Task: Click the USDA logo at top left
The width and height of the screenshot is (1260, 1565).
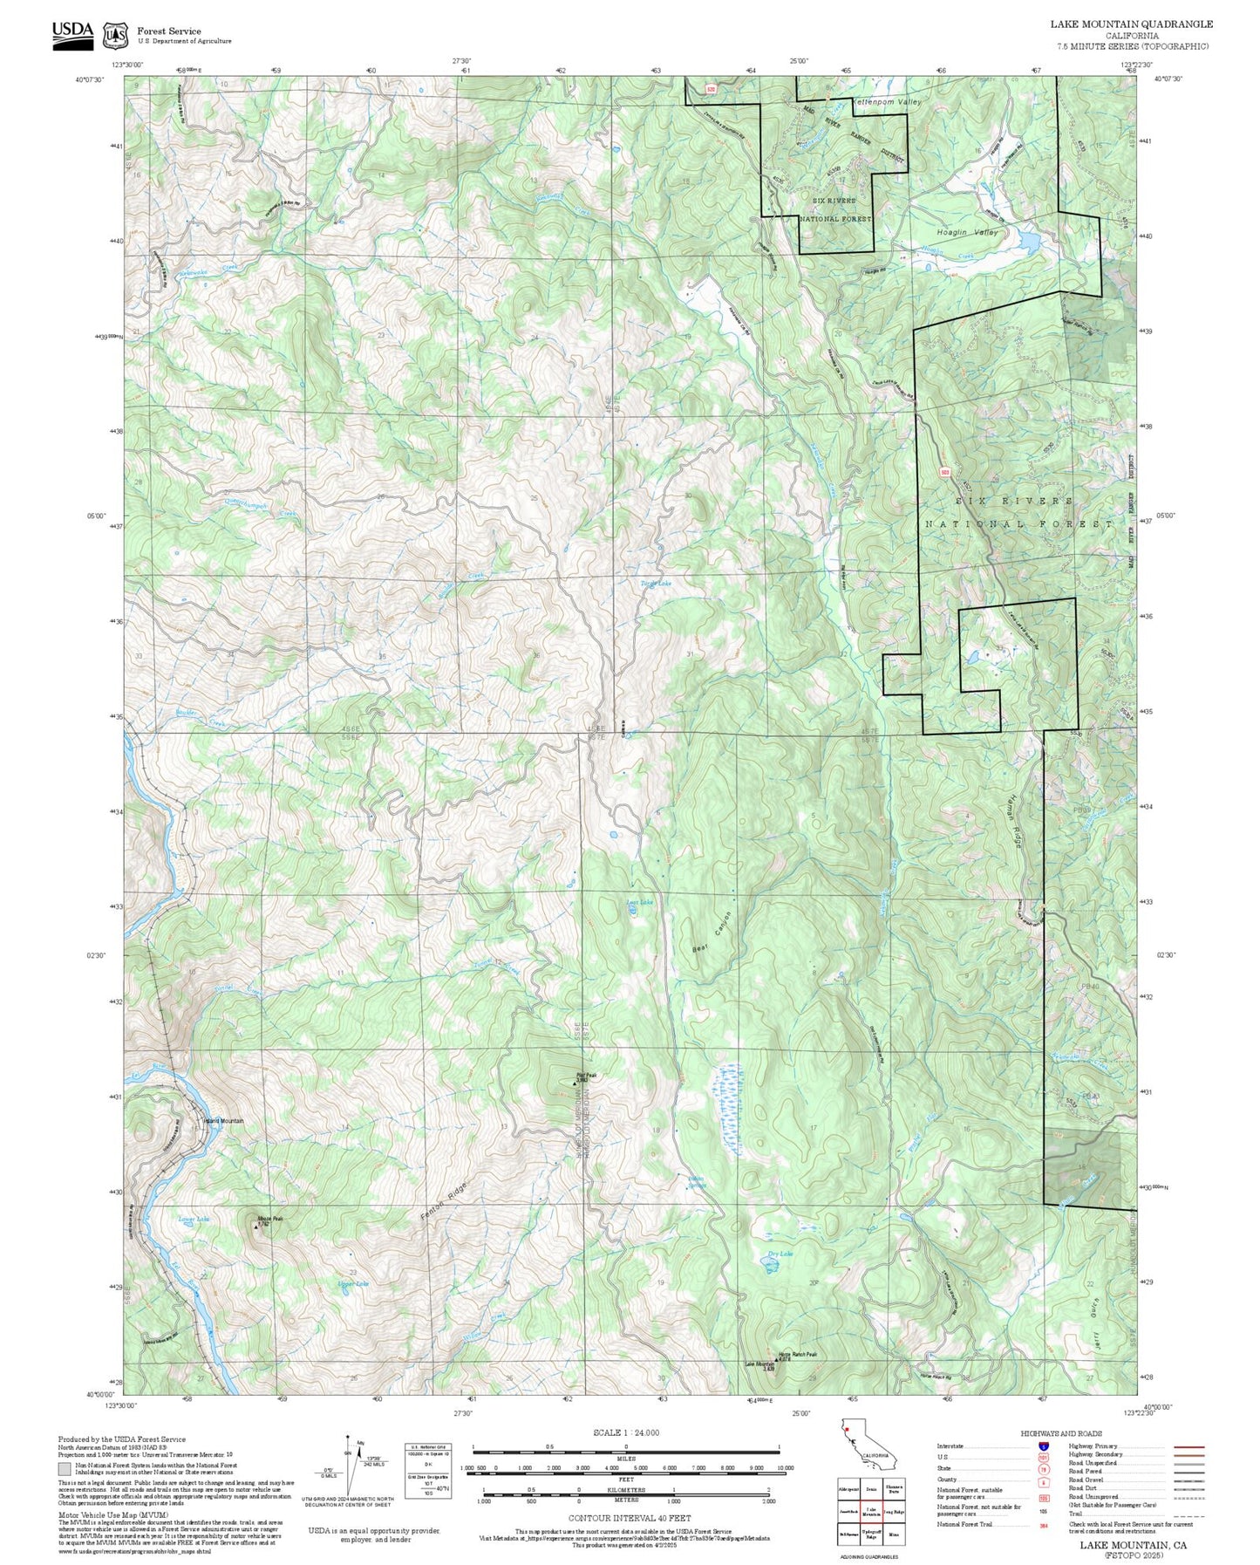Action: tap(72, 34)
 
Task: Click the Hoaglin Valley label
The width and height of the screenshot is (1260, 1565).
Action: tap(966, 233)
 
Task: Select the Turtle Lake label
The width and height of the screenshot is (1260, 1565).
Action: tap(656, 583)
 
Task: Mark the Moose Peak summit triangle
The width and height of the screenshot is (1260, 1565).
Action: tap(255, 1227)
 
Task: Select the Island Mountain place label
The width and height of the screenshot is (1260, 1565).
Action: tap(223, 1121)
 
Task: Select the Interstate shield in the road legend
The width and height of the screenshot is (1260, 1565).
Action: tap(1044, 1446)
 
